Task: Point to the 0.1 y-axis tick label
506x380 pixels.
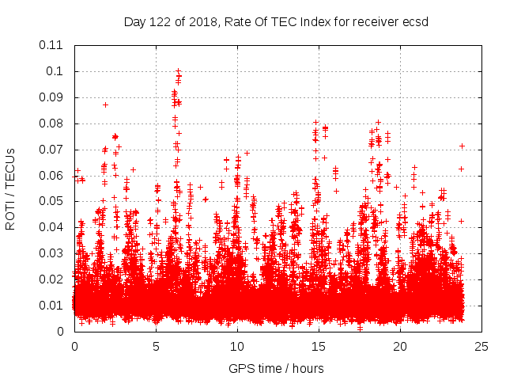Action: pyautogui.click(x=58, y=71)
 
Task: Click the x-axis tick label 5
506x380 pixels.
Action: pyautogui.click(x=156, y=346)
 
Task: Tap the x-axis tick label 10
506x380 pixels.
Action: pyautogui.click(x=237, y=346)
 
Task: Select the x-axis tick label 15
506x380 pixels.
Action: pyautogui.click(x=319, y=346)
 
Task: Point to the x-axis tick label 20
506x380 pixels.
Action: pyautogui.click(x=400, y=346)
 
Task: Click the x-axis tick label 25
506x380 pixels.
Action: pyautogui.click(x=481, y=346)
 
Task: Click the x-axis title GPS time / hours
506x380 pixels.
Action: pyautogui.click(x=276, y=368)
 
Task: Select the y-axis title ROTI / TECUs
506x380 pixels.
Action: pyautogui.click(x=10, y=188)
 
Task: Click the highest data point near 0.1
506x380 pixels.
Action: pyautogui.click(x=178, y=71)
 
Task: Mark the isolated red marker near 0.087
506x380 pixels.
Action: pyautogui.click(x=105, y=104)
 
